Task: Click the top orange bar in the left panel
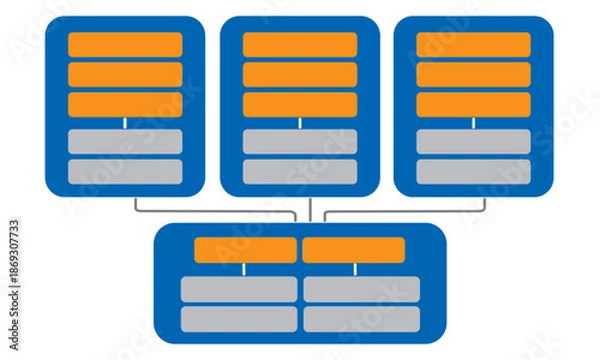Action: [x=125, y=44]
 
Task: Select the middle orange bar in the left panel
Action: [x=125, y=74]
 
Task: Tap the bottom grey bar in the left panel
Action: [x=125, y=171]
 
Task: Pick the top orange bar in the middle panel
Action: [x=300, y=44]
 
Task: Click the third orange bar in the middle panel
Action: [x=300, y=104]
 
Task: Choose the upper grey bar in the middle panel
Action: [x=300, y=141]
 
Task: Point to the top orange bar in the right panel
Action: [x=473, y=44]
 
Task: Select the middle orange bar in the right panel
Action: [x=473, y=74]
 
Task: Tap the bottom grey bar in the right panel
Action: [x=473, y=171]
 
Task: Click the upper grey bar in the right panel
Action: [x=473, y=141]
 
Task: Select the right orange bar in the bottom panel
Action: [x=353, y=250]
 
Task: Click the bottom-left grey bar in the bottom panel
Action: [x=239, y=319]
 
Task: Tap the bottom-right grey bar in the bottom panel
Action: [x=361, y=319]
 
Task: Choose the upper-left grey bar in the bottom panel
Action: [x=239, y=289]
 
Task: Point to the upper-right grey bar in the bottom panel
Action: [x=361, y=289]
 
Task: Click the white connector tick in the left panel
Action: [x=125, y=123]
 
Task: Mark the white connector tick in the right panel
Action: [x=473, y=123]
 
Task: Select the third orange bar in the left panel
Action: [x=125, y=104]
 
